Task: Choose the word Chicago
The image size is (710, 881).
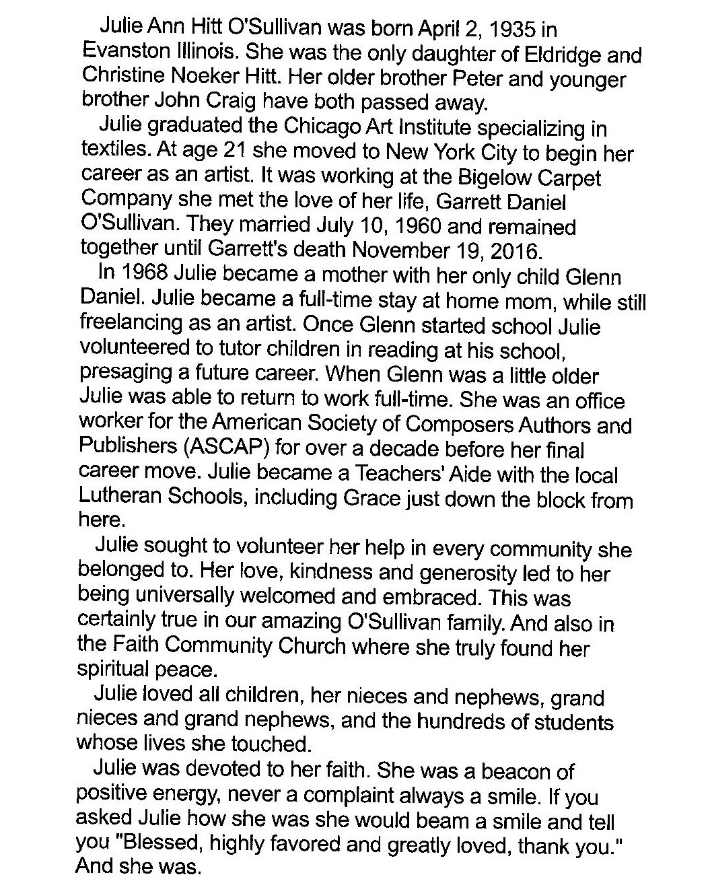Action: [x=319, y=127]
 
